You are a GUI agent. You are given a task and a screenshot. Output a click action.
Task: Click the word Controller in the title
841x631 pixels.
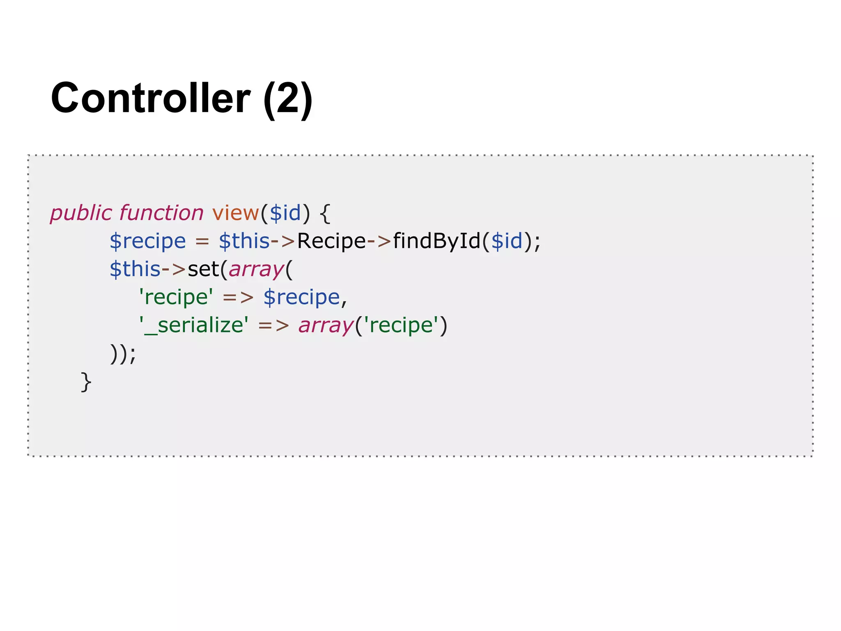[x=150, y=98]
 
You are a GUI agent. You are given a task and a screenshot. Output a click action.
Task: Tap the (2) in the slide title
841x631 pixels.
[x=288, y=99]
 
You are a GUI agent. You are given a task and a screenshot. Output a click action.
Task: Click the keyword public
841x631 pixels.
[x=81, y=214]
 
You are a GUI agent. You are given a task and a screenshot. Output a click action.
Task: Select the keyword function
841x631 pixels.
[x=161, y=213]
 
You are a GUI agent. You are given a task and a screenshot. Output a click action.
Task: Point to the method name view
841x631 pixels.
[x=235, y=213]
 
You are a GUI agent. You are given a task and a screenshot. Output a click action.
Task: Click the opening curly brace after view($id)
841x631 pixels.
[x=325, y=214]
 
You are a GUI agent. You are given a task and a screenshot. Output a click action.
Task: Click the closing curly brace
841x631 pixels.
[x=86, y=382]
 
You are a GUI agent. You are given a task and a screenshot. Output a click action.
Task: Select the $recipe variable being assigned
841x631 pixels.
[x=147, y=241]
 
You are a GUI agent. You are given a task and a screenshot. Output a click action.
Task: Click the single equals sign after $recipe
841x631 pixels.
[x=202, y=241]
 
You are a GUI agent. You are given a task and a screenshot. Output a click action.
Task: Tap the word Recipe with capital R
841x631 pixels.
[x=331, y=241]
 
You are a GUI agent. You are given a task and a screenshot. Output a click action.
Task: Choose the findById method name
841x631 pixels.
[x=437, y=241]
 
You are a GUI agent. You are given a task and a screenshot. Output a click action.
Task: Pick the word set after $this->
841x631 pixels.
[x=203, y=269]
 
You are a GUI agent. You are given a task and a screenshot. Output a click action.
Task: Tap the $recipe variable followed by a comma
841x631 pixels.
[x=301, y=297]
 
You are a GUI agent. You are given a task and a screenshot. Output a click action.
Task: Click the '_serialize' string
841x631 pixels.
[x=194, y=325]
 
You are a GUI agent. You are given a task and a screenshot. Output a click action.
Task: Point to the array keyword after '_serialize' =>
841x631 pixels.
[x=326, y=326]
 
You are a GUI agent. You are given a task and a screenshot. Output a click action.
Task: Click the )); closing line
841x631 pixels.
[x=123, y=353]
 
